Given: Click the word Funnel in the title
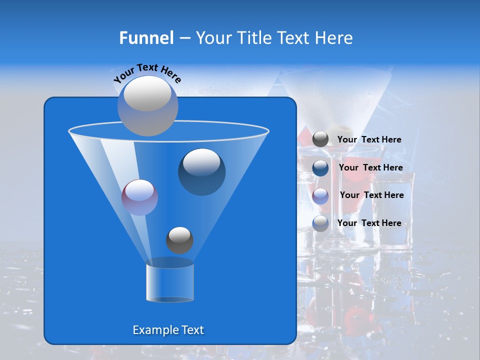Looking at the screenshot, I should pos(146,38).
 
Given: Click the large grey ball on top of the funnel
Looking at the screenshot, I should pos(147,105).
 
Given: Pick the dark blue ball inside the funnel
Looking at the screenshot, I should pos(201,172).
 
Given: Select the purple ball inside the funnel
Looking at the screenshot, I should pos(139,197).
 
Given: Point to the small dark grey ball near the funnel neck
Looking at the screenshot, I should pos(179,240).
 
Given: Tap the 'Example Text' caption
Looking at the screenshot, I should pos(168,330).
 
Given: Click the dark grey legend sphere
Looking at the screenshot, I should pos(320,139).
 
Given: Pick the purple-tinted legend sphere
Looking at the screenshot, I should pos(320,195).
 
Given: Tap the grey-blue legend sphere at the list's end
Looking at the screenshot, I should pos(320,223).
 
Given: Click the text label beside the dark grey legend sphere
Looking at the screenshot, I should pos(369,139).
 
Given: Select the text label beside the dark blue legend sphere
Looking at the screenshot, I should pos(370,167).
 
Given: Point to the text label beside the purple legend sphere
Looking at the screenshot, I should pos(371,195).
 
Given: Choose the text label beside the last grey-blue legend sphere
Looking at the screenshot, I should pos(369,223).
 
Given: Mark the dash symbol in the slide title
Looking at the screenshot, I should pos(184,38).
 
